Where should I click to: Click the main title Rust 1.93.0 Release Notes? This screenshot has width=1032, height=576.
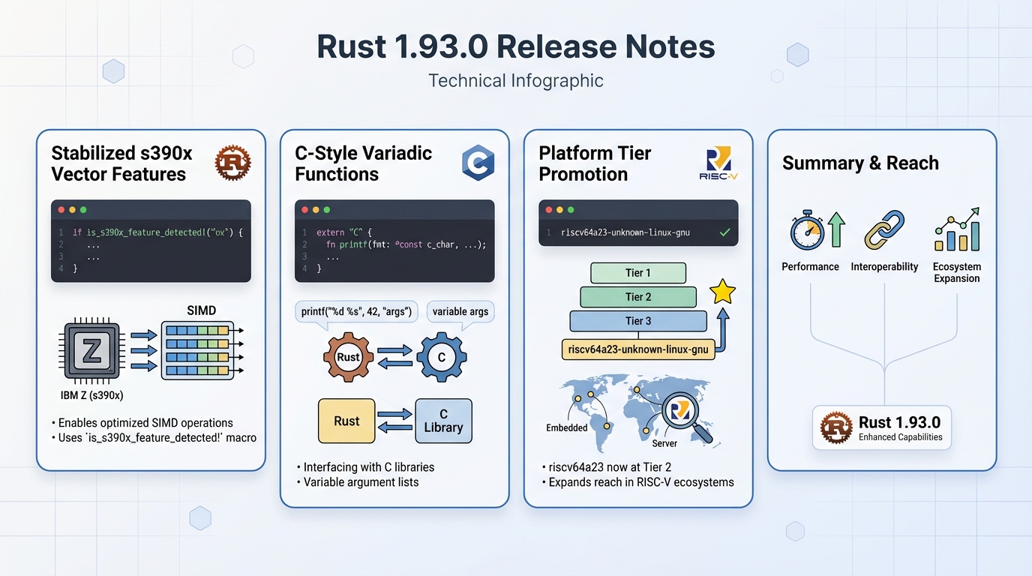coord(515,46)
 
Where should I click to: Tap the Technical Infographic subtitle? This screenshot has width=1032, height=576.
coord(515,80)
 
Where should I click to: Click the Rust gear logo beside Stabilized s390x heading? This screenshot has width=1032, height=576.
coord(232,163)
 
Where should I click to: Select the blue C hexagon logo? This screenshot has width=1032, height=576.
coord(477,163)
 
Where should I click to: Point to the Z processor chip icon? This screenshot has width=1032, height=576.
coord(91,349)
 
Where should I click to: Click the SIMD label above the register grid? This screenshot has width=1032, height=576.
coord(202,310)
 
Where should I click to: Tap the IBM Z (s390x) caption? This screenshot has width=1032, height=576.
coord(91,394)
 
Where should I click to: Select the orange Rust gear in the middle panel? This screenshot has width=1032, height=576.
coord(348,357)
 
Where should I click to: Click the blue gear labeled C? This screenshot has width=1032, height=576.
coord(442,357)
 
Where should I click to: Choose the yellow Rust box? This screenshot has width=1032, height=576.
coord(346,421)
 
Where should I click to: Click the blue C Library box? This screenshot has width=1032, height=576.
coord(443,421)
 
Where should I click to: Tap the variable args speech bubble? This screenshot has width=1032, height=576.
coord(460,311)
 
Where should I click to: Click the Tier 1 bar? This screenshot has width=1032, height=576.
coord(638,273)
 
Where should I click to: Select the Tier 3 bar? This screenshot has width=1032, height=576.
coord(638,321)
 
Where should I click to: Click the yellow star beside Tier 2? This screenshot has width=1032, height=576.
coord(722,292)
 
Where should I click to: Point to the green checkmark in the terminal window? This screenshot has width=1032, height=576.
coord(724,232)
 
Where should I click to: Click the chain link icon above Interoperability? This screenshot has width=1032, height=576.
coord(884,230)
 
